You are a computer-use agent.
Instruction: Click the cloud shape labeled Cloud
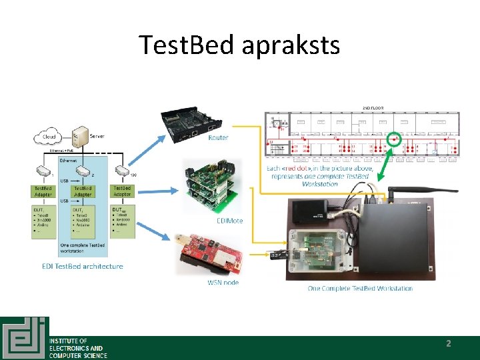[x=49, y=137]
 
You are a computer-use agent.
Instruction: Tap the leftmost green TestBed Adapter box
[x=43, y=191]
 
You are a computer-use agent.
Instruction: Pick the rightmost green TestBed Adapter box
[x=122, y=191]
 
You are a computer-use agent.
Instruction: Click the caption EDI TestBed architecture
[x=82, y=266]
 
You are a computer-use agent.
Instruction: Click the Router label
[x=218, y=138]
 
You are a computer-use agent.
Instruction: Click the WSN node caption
[x=223, y=283]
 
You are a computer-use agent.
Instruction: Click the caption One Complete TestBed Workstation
[x=360, y=288]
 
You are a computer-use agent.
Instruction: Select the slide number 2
[x=449, y=343]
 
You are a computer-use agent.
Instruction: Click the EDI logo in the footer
[x=25, y=338]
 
